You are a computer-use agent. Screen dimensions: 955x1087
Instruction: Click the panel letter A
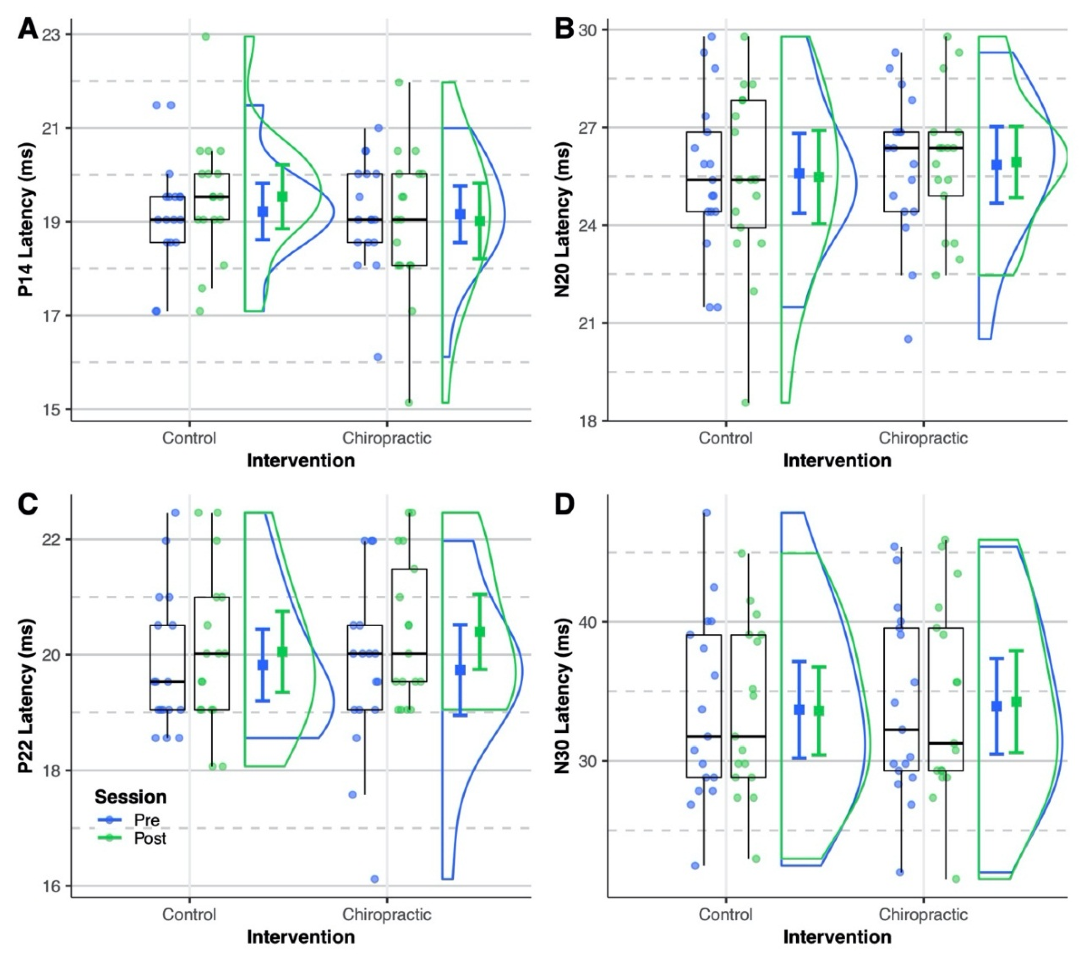(x=28, y=29)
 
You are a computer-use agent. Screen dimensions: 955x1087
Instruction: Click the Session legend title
(x=130, y=796)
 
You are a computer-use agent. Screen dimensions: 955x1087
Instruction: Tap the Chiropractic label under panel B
(x=923, y=438)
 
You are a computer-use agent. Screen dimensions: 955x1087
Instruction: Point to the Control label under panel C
(x=189, y=915)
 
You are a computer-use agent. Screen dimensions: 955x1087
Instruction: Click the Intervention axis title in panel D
(x=837, y=937)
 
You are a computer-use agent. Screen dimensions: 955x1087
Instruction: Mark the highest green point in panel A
(x=205, y=37)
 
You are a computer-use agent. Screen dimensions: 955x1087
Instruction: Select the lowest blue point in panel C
(x=374, y=879)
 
